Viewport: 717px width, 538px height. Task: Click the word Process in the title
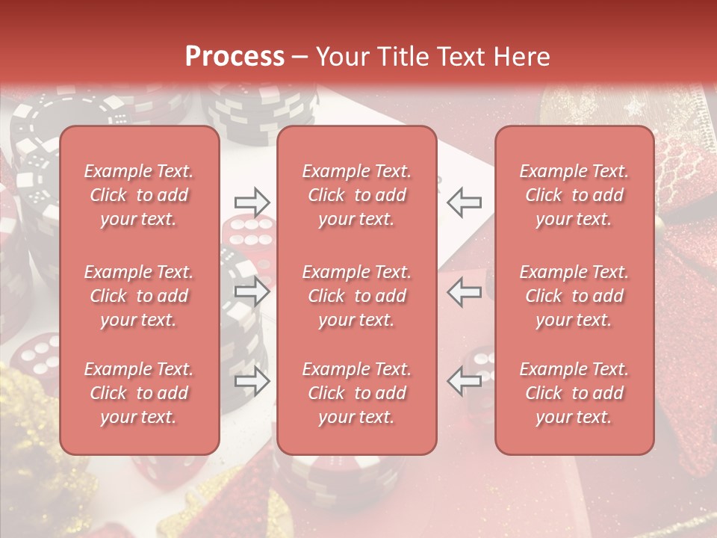point(235,56)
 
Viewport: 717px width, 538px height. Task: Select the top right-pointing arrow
point(252,202)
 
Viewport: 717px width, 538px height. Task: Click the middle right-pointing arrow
point(252,291)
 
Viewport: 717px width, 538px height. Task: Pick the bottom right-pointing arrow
point(252,382)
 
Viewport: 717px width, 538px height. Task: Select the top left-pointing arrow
point(465,202)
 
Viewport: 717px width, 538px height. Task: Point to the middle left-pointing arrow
point(465,291)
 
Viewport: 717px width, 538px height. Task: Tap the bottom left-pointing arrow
point(465,382)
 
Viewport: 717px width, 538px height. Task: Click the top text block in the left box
point(139,195)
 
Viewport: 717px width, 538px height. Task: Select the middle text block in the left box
point(139,296)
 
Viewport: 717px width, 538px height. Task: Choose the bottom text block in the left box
point(139,393)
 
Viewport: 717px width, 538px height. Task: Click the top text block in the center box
point(356,195)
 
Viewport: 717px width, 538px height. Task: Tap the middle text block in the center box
point(356,296)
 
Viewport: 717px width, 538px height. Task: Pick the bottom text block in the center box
point(356,393)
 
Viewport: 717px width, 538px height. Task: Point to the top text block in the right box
point(574,195)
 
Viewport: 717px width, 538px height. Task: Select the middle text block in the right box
point(574,296)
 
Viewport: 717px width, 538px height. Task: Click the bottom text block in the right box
point(574,393)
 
